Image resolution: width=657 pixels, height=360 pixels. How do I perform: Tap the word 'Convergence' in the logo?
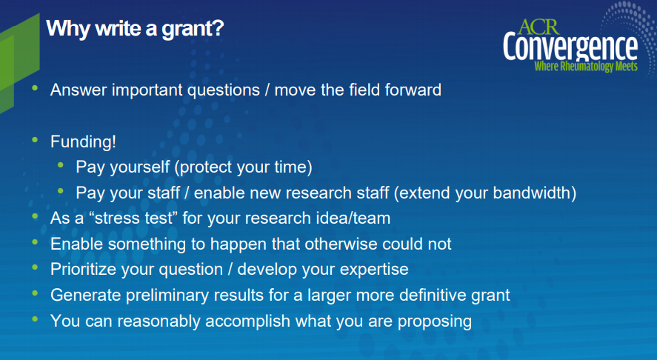coord(570,47)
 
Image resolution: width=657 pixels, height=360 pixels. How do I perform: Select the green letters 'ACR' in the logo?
coord(538,27)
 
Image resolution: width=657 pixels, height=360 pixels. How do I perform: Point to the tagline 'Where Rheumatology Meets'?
coord(586,66)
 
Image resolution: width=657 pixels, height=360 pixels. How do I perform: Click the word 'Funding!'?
coord(83,141)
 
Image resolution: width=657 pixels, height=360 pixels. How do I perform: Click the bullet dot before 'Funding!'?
coord(35,140)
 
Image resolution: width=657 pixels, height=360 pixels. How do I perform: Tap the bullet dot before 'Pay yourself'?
coord(60,165)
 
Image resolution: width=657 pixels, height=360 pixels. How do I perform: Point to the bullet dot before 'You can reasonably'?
coord(35,319)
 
